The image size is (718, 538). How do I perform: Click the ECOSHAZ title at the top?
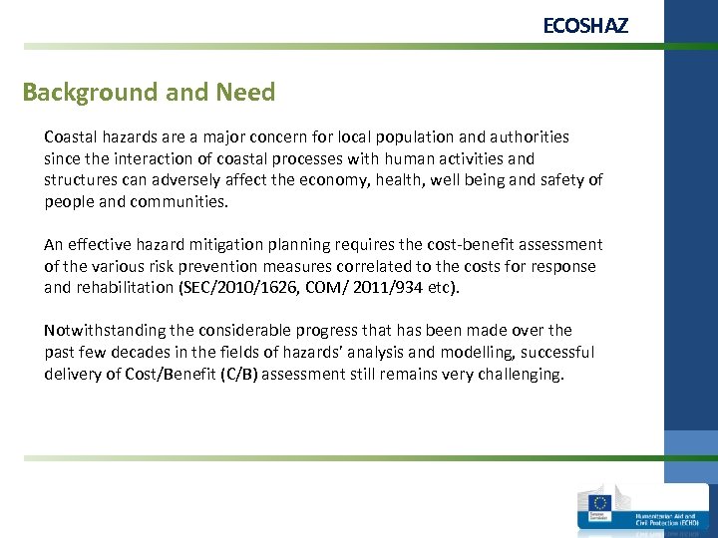[585, 26]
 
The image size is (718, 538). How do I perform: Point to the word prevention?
[225, 266]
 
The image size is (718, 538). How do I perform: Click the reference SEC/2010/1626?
[235, 288]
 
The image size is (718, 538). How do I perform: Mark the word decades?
[144, 353]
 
